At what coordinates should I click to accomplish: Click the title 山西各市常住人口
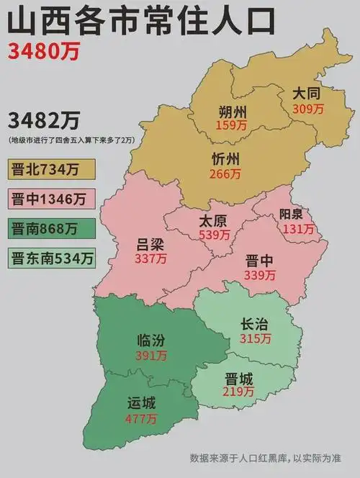pyautogui.click(x=142, y=21)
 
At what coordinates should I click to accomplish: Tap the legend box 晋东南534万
pyautogui.click(x=53, y=257)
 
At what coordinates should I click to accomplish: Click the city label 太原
pyautogui.click(x=214, y=221)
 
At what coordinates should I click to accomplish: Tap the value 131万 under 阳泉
pyautogui.click(x=298, y=230)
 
